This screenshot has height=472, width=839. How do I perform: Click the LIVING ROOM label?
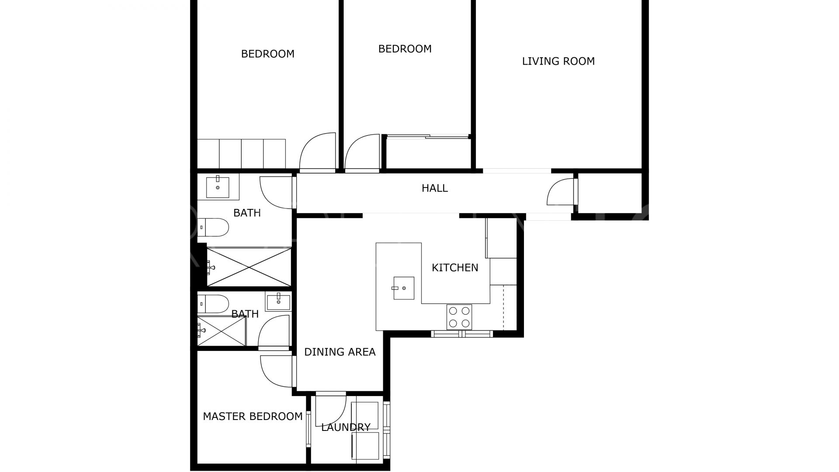558,61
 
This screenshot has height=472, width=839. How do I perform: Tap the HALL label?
435,188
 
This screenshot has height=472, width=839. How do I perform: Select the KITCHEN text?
455,268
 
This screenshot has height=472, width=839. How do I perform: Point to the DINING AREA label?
340,352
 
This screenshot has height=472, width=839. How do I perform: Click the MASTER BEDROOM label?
253,416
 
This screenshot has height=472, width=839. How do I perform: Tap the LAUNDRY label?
346,427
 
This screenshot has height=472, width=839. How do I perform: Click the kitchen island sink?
403,288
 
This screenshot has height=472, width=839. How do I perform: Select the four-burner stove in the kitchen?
459,317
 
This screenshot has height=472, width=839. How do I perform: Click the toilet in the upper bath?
213,227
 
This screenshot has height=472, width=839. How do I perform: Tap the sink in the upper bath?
217,187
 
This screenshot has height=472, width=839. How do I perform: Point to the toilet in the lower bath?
213,304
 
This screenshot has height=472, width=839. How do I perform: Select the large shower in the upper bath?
249,267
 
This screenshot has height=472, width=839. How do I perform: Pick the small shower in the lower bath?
222,331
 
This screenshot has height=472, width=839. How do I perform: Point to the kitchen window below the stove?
462,334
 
